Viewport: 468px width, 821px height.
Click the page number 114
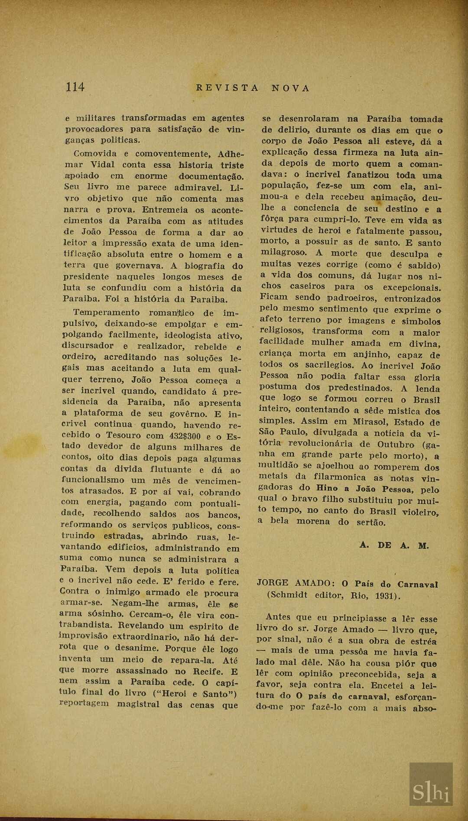click(75, 87)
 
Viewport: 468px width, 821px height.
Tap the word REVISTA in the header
click(227, 88)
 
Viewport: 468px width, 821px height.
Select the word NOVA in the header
click(291, 88)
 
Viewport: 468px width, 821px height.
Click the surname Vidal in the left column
click(102, 165)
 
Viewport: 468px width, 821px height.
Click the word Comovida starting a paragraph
click(95, 154)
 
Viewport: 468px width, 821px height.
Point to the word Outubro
click(396, 444)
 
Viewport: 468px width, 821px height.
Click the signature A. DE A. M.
click(394, 546)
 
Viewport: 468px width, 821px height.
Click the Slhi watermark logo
click(431, 792)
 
